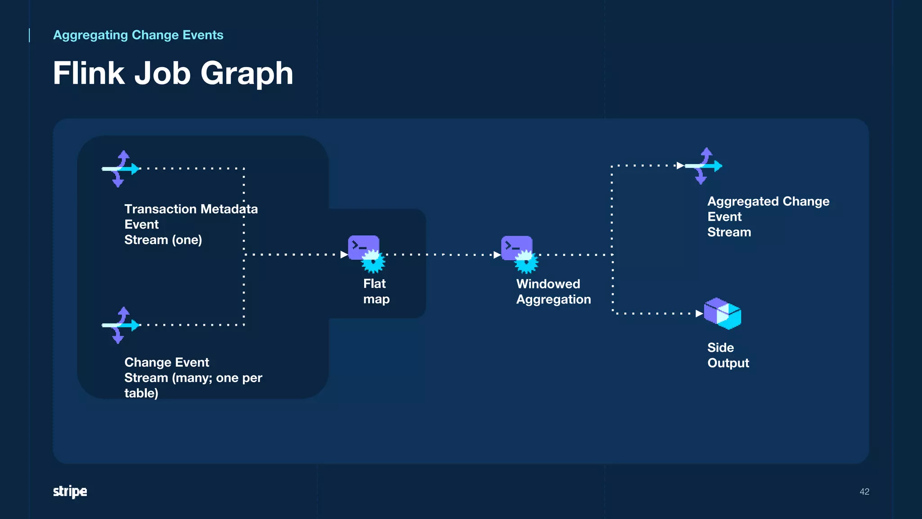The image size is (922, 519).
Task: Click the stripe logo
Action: tap(70, 491)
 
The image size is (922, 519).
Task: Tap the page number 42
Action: tap(864, 492)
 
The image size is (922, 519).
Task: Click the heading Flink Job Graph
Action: tap(173, 73)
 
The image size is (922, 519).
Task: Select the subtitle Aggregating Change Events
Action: tap(138, 35)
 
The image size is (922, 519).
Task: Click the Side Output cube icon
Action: tap(723, 314)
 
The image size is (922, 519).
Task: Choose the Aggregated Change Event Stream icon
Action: tap(703, 166)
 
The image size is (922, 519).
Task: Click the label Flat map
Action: tap(376, 291)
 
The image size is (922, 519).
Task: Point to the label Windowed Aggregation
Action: tap(553, 291)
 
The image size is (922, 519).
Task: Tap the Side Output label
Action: tap(728, 355)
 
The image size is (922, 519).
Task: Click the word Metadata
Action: tap(229, 209)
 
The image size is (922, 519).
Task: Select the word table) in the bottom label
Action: tap(141, 393)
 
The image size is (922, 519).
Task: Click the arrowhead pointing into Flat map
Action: tap(344, 255)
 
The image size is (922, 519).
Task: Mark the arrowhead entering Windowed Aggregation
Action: tap(497, 255)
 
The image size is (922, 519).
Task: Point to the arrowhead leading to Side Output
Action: tap(699, 314)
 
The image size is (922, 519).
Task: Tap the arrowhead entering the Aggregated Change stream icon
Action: tap(680, 166)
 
